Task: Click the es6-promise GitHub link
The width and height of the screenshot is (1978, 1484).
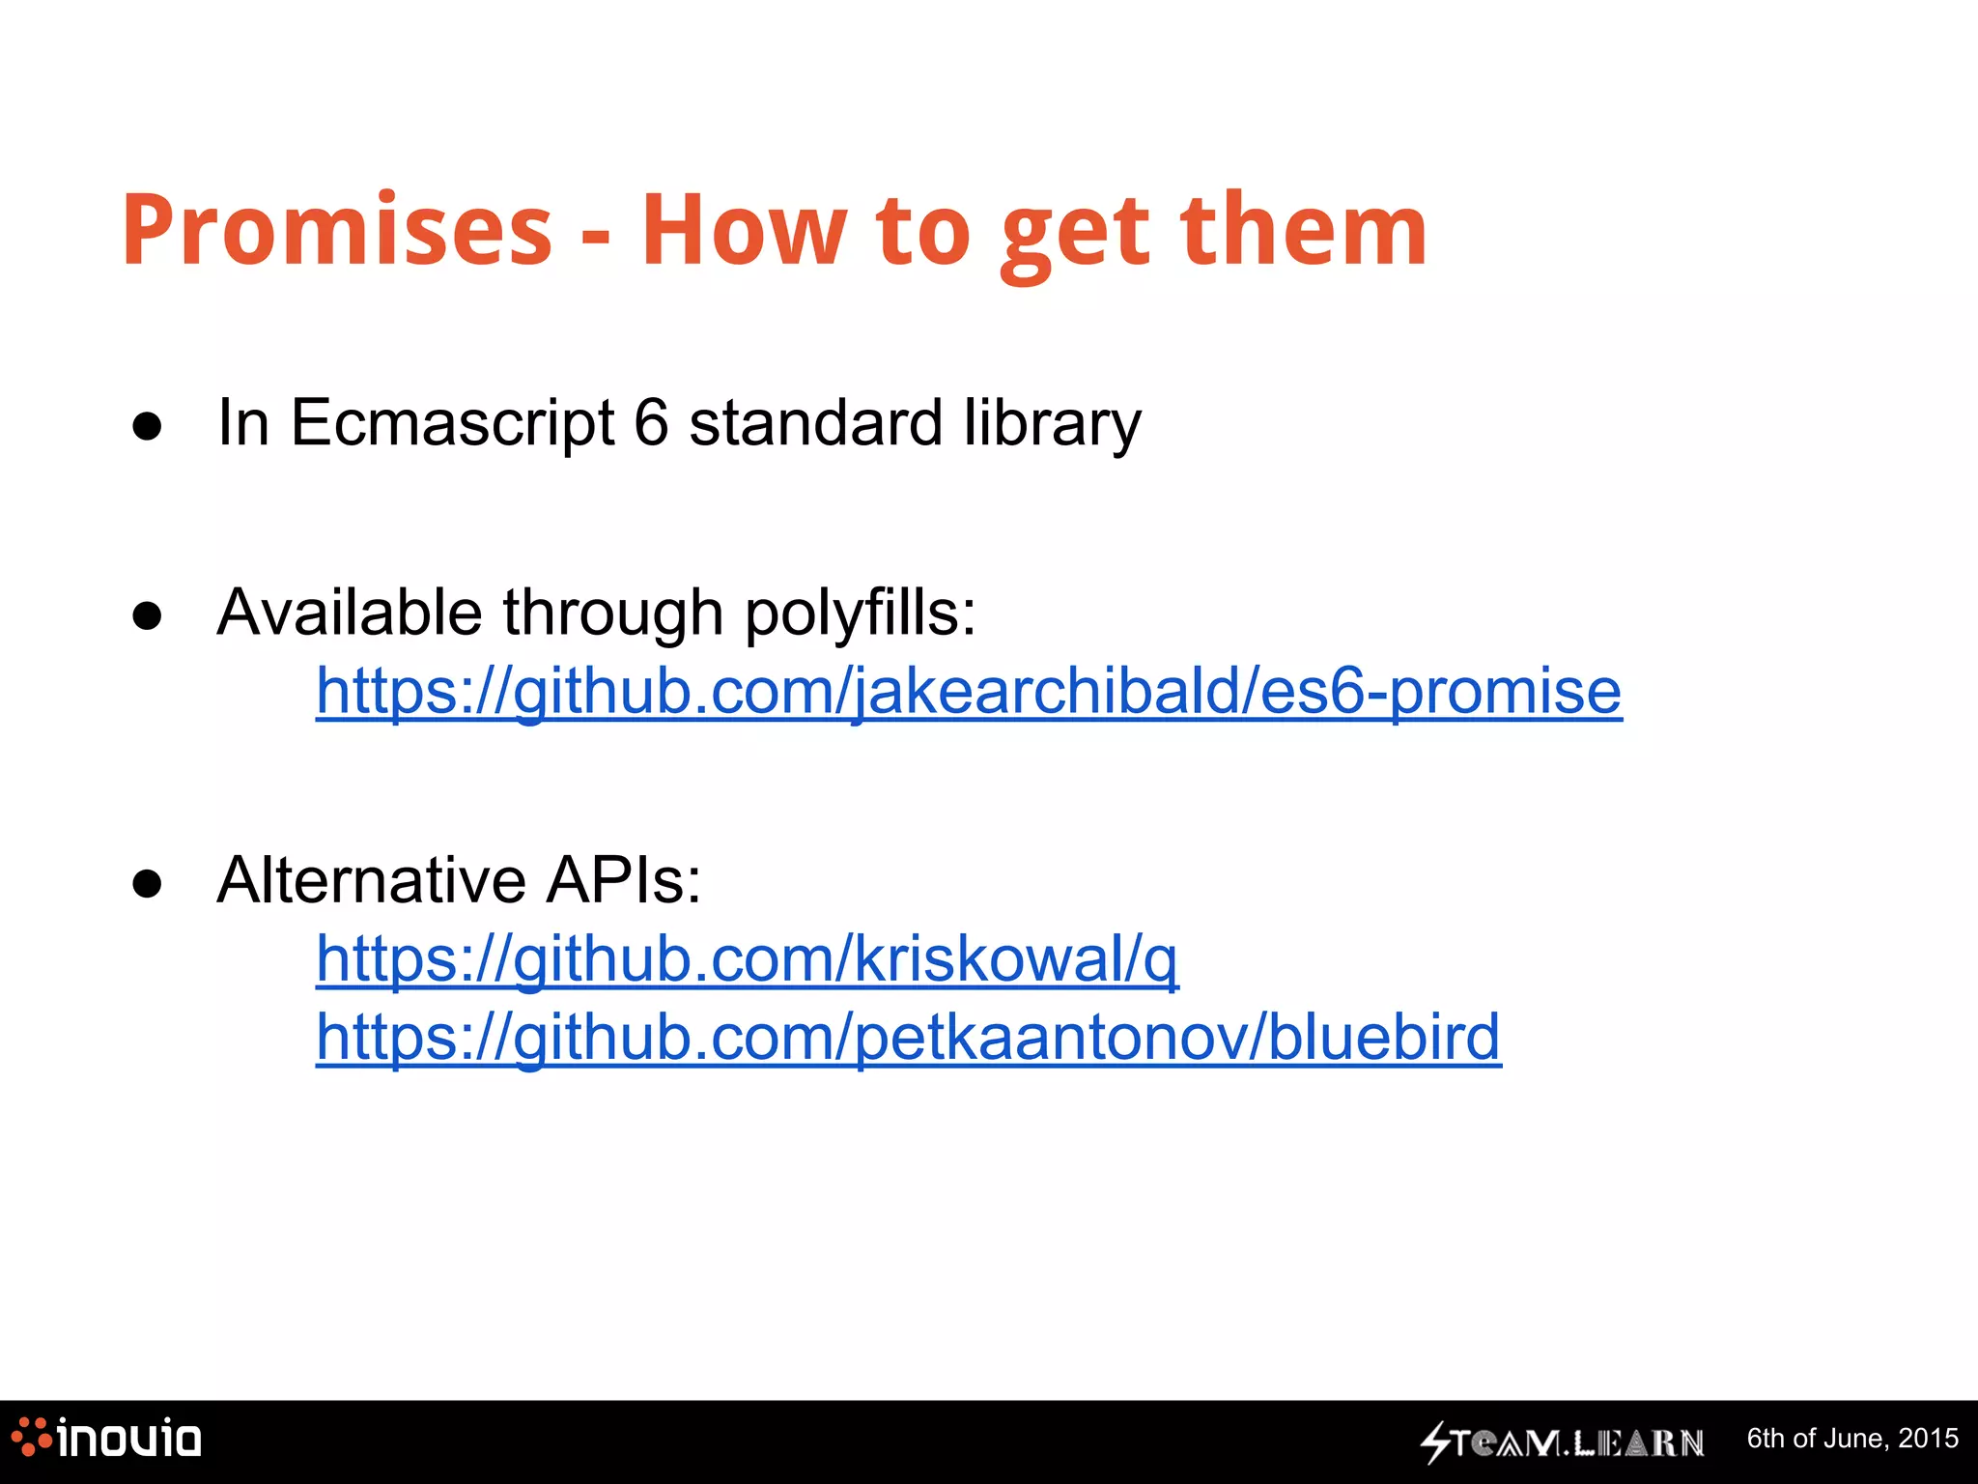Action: click(x=969, y=692)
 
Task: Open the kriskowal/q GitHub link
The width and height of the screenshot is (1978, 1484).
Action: click(x=747, y=959)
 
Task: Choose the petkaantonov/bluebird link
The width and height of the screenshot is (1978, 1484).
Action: click(x=908, y=1037)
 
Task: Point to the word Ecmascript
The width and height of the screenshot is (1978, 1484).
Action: click(x=452, y=422)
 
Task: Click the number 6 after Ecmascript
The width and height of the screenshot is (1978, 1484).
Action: click(x=652, y=422)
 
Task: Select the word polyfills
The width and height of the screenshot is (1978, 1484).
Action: click(x=860, y=614)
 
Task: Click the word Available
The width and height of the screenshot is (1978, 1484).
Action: click(x=349, y=614)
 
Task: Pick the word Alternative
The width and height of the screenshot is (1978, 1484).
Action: click(x=371, y=880)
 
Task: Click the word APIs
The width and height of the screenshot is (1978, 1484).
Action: click(x=624, y=880)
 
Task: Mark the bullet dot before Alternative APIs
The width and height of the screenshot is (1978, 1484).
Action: click(x=147, y=883)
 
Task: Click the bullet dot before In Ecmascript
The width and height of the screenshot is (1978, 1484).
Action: click(x=147, y=426)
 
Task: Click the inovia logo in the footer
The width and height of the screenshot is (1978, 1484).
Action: click(x=106, y=1439)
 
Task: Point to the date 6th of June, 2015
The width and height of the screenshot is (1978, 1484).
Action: click(x=1852, y=1439)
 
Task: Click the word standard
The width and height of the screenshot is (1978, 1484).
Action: click(x=815, y=422)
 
